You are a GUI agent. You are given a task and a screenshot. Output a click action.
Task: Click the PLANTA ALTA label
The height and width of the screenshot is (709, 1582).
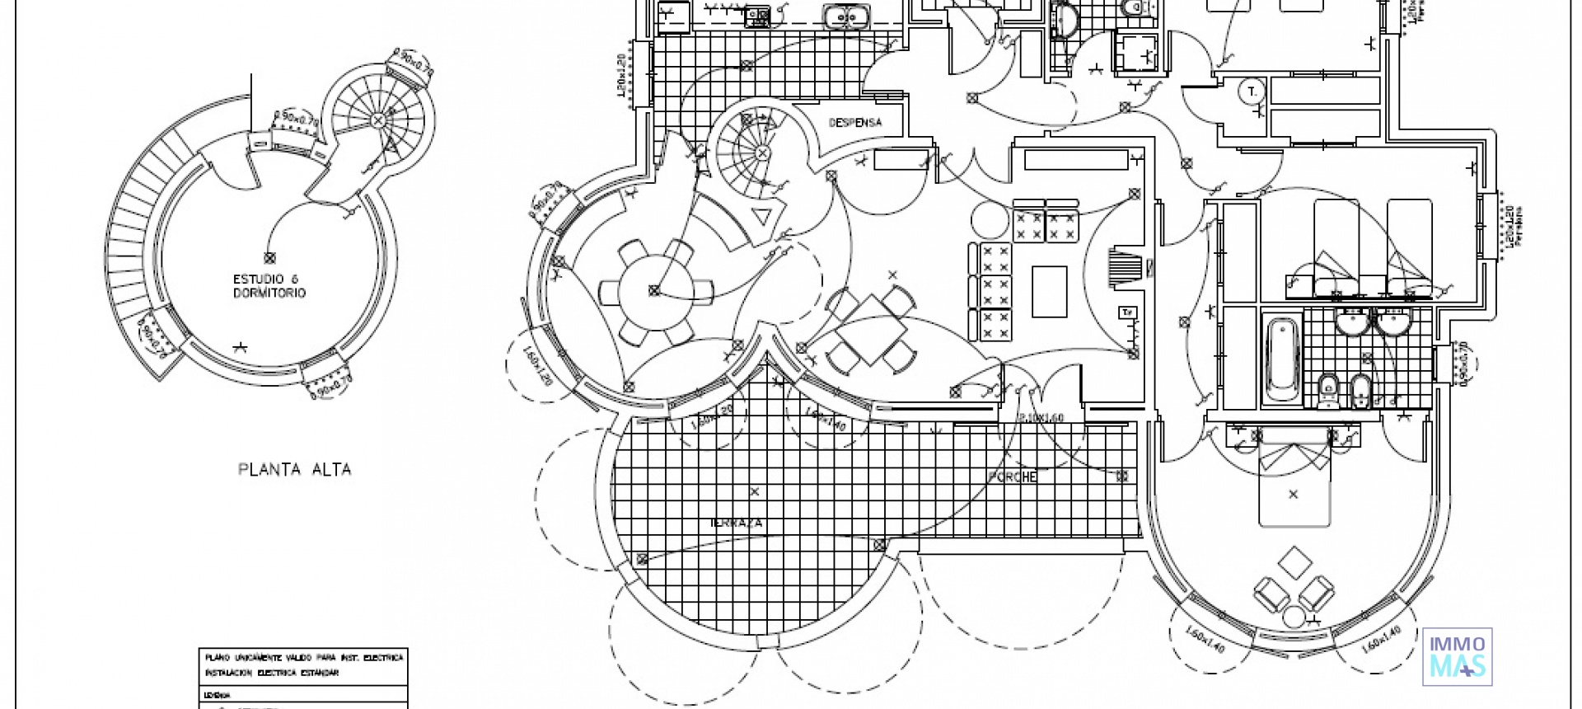point(294,470)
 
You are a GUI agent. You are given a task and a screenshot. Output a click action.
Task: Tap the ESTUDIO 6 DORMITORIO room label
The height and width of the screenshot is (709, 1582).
point(269,286)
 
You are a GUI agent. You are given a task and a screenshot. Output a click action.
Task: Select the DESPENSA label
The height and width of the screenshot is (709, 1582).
point(854,123)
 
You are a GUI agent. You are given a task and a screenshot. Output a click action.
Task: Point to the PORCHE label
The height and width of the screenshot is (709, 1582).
point(1013,477)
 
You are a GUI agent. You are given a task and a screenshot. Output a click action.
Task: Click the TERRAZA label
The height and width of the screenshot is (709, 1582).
point(736,523)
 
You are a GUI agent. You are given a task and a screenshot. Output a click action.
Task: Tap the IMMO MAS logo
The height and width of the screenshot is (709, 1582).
point(1458,656)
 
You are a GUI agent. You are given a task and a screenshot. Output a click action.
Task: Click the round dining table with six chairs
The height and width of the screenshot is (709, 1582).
point(655,290)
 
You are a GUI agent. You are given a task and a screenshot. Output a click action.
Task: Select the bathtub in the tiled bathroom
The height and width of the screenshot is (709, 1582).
point(1281,359)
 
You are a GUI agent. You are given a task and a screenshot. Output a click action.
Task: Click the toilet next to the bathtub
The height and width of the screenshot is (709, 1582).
point(1327,391)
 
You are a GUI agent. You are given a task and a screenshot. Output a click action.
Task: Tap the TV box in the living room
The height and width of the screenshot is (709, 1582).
point(1127,312)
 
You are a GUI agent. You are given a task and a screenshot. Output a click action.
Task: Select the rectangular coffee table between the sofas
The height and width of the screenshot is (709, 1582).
point(1049,291)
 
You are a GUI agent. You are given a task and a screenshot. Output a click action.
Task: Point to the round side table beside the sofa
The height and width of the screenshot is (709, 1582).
point(989,218)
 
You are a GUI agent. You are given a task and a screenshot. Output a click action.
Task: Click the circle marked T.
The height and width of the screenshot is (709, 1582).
point(1252,92)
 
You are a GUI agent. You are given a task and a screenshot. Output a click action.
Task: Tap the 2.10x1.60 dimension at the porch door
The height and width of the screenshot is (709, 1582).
point(1041,418)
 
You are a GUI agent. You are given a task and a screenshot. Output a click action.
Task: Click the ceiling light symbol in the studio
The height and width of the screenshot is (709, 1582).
point(269,258)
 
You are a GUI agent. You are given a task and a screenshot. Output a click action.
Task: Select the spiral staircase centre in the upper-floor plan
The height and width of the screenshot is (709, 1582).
point(377,121)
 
